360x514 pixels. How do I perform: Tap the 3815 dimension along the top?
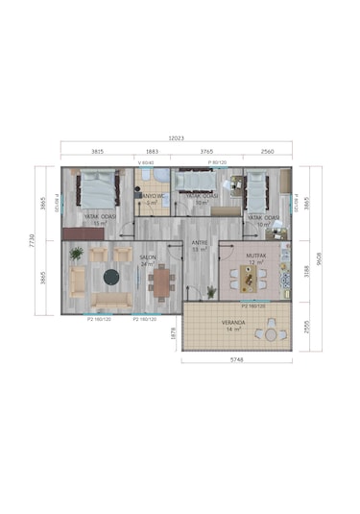pyautogui.click(x=98, y=152)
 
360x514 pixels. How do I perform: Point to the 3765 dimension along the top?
pyautogui.click(x=205, y=152)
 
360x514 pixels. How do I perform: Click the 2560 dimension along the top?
pyautogui.click(x=267, y=152)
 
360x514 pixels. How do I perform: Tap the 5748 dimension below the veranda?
pyautogui.click(x=235, y=360)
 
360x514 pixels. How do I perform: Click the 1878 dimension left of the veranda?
pyautogui.click(x=172, y=332)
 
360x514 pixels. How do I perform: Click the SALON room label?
pyautogui.click(x=148, y=258)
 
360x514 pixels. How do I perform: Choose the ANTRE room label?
pyautogui.click(x=200, y=242)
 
